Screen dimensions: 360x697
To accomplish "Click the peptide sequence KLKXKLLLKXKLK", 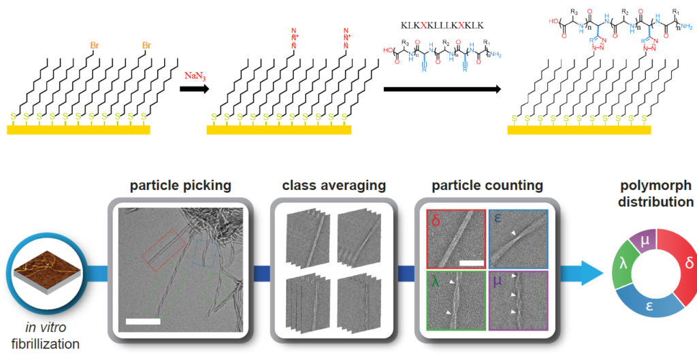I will [x=442, y=25].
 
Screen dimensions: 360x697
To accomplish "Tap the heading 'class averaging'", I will [x=334, y=186].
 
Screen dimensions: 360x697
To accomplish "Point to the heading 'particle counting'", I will [x=487, y=186].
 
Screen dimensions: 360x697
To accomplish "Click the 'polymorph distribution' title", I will [x=658, y=194].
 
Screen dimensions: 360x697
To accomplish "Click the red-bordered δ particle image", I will [x=455, y=239].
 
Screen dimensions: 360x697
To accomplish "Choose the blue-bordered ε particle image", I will [x=518, y=239].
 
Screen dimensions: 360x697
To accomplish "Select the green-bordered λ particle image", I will [x=455, y=300].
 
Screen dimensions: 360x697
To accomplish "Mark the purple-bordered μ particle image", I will [x=518, y=300].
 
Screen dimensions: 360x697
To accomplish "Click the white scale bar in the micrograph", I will [x=142, y=321].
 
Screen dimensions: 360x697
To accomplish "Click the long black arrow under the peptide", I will [x=442, y=89].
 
